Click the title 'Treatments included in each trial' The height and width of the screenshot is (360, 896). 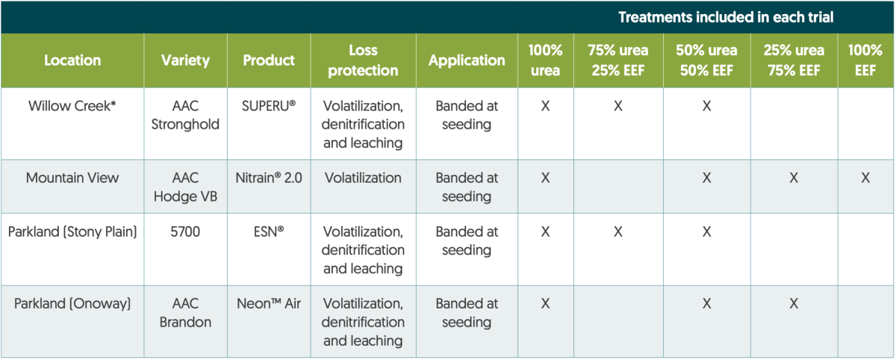pos(726,17)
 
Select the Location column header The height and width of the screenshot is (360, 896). pos(72,60)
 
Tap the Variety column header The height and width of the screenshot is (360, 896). pos(185,60)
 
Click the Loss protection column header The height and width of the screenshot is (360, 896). pos(363,60)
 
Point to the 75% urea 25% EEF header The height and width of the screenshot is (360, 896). pos(618,60)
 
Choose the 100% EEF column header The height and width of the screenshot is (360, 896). pos(865,60)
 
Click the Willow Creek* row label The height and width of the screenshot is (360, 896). pos(72,106)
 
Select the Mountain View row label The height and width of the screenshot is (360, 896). pos(72,178)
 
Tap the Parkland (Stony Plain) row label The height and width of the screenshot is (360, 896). pos(72,232)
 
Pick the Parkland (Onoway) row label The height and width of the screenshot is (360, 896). pos(72,303)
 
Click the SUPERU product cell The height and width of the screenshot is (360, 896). pos(268,106)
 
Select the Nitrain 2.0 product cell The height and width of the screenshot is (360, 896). pos(268,178)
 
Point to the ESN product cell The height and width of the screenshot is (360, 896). pos(268,232)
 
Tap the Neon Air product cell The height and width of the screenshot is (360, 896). pos(268,303)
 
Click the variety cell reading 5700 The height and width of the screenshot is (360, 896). pos(185,232)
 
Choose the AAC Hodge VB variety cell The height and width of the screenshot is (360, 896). pos(185,187)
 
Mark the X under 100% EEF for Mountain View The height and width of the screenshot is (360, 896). pos(865,178)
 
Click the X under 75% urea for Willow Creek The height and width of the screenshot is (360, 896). pos(618,106)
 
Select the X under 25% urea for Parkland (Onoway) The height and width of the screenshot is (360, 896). pos(794,303)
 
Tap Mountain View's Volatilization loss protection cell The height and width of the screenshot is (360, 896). pos(363,178)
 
